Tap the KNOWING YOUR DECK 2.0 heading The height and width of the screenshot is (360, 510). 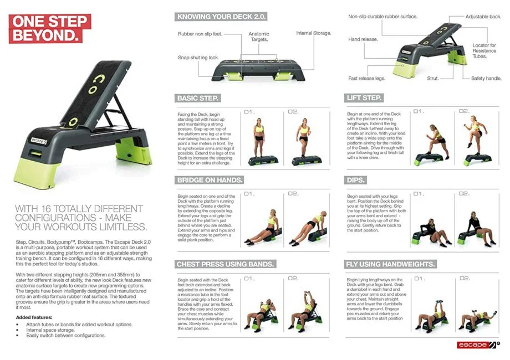pos(220,17)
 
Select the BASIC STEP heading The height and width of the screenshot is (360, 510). pos(198,98)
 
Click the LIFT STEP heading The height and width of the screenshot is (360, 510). pos(364,98)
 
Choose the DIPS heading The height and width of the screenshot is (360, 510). pos(357,180)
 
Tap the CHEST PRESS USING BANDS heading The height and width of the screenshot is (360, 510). pos(225,264)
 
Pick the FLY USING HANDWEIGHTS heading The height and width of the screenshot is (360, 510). pos(390,264)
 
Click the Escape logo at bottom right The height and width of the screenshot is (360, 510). pos(478,345)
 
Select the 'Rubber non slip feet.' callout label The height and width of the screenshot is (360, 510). pos(200,34)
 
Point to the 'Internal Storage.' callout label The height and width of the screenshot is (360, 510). pos(313,33)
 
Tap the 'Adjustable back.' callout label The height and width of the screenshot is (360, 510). pos(483,17)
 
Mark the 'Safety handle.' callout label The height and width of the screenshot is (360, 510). pos(486,79)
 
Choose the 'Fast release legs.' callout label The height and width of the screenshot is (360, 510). pos(366,79)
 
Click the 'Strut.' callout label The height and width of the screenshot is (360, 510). pos(433,79)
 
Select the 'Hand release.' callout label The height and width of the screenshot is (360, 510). pos(363,40)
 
